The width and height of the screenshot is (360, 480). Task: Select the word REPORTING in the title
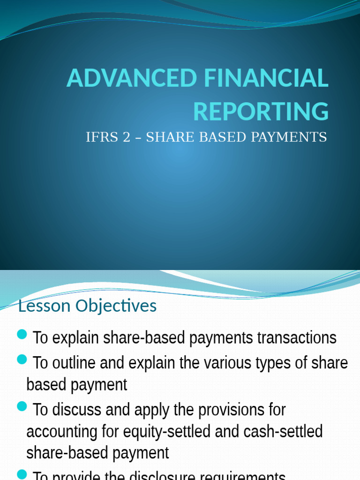[x=261, y=112]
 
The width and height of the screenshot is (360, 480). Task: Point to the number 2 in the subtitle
[x=126, y=137]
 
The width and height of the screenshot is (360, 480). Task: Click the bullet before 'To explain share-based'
[x=22, y=334]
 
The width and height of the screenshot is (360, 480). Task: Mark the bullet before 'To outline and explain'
[x=22, y=360]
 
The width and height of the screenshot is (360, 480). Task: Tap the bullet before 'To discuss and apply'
[x=22, y=406]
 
